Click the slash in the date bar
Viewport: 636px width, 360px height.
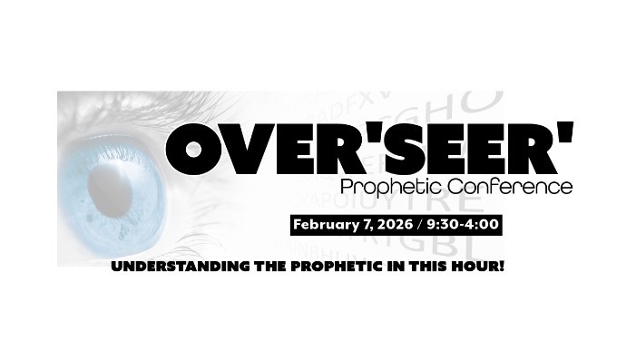[419, 224]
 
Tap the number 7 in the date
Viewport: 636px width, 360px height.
[361, 224]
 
